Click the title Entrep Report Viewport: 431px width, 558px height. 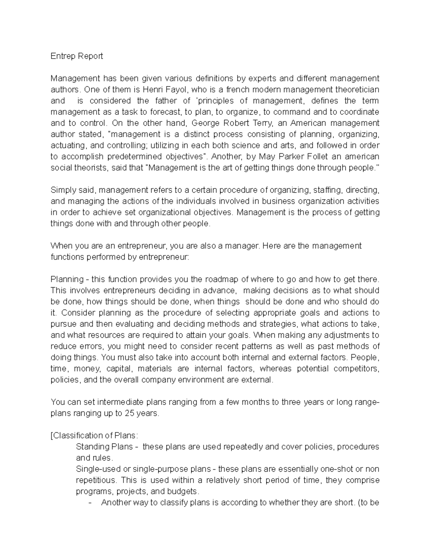(77, 56)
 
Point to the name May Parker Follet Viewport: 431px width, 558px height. (286, 157)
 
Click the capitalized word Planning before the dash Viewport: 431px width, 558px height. (65, 280)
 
